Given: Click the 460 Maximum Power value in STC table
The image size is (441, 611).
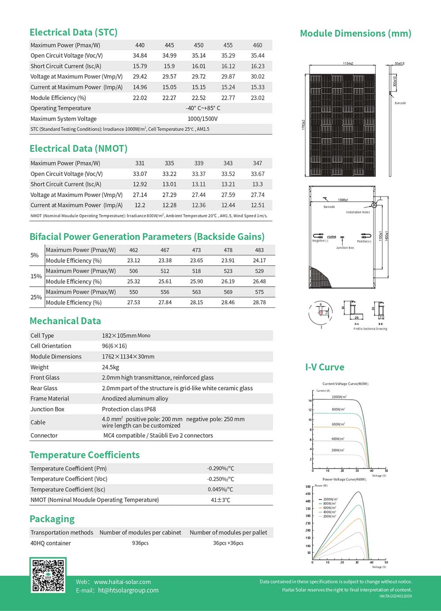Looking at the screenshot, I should [x=258, y=45].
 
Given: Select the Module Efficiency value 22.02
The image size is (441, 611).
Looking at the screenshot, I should [x=140, y=98].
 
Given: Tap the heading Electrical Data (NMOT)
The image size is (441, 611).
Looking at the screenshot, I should [x=78, y=149].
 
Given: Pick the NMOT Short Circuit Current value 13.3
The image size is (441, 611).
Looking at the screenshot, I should [x=258, y=184].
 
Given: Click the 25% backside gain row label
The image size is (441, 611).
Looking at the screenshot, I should [x=36, y=297].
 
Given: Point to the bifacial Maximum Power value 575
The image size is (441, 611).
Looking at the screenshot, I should [x=259, y=292].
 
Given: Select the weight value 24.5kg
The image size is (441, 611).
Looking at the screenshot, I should [x=110, y=367].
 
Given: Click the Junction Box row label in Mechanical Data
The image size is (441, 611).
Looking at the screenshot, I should [x=47, y=409].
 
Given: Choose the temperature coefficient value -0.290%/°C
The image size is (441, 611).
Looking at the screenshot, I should [x=220, y=469].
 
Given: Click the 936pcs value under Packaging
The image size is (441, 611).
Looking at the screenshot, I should [x=140, y=543].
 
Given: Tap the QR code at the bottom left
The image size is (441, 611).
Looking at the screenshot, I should [x=48, y=575].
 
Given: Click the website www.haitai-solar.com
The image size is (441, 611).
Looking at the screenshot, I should [x=122, y=582].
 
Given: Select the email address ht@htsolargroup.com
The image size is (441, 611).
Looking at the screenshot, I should [x=128, y=590].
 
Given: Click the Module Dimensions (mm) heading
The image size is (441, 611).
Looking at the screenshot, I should [x=355, y=34].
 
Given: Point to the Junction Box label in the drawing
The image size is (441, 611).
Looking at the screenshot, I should [x=345, y=248].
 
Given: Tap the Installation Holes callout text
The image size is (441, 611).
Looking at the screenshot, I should [x=358, y=212].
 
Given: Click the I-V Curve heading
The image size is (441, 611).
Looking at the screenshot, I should [x=325, y=367].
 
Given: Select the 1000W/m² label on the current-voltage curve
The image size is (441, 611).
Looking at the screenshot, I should [x=339, y=397].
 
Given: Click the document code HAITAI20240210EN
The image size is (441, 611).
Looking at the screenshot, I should [x=396, y=596].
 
